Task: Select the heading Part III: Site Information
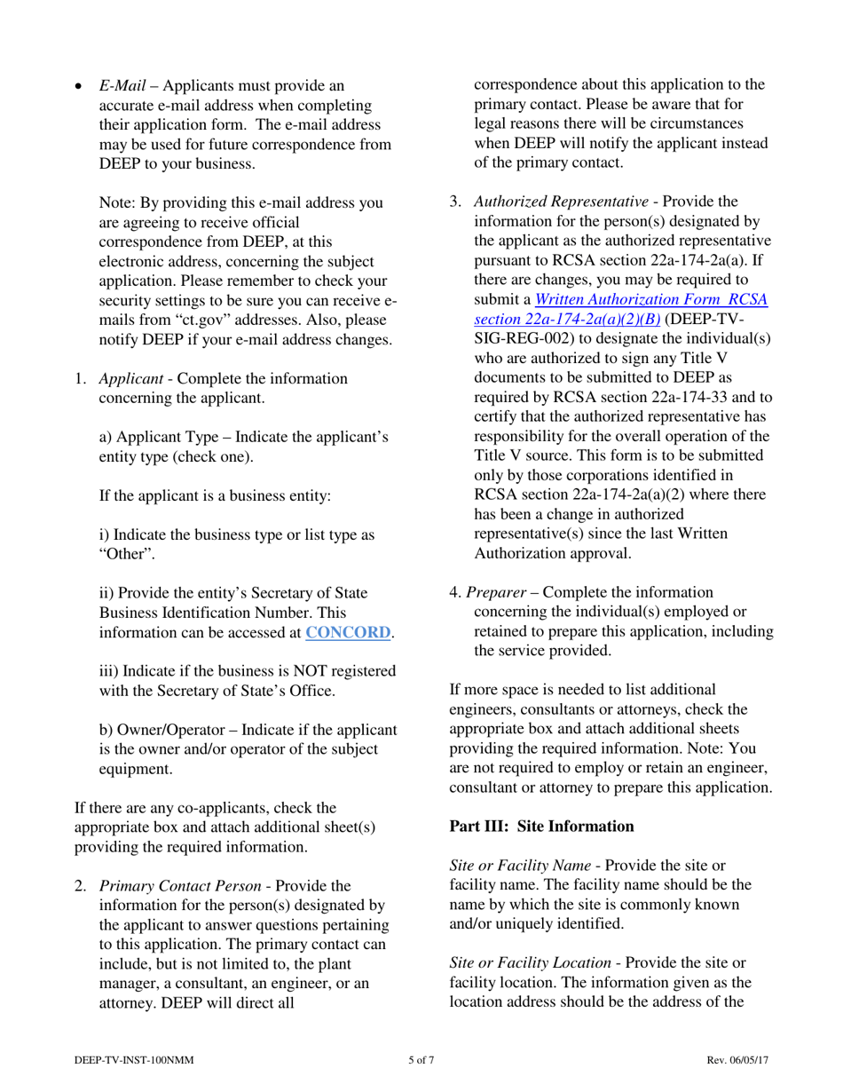click(x=542, y=827)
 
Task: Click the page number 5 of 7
click(x=421, y=1060)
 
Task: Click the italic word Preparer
click(x=501, y=591)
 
